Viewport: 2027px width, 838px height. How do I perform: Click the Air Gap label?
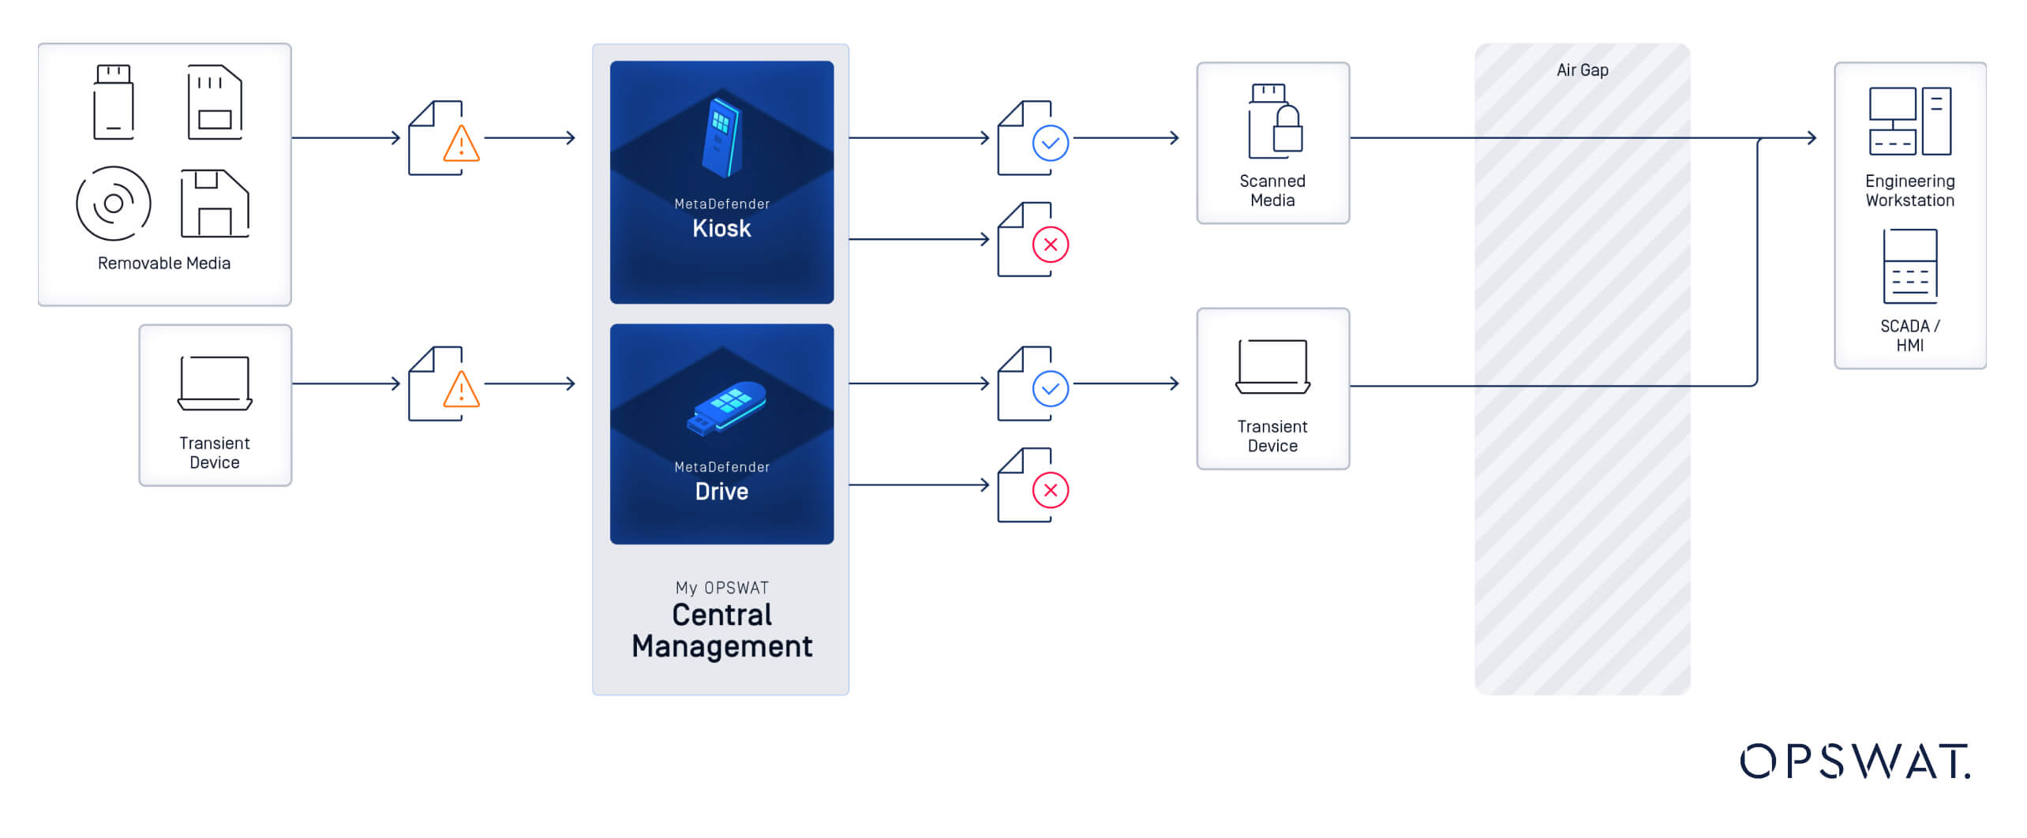tap(1582, 70)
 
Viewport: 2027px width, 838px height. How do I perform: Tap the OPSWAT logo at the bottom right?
tap(1855, 761)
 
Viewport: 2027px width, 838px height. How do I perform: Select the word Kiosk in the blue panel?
tap(721, 228)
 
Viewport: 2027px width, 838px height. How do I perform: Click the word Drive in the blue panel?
tap(721, 491)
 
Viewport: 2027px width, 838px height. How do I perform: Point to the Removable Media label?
tap(164, 264)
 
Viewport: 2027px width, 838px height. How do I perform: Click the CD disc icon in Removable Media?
tap(114, 203)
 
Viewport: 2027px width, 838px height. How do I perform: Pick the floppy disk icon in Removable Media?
tap(215, 203)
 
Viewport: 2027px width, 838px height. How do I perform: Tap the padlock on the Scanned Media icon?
tap(1287, 130)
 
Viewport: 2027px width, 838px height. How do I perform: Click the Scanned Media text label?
tap(1272, 191)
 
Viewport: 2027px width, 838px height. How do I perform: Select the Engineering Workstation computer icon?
tap(1909, 122)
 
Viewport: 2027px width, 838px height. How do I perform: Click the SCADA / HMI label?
tap(1909, 335)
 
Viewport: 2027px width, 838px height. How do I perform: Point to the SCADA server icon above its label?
tap(1909, 266)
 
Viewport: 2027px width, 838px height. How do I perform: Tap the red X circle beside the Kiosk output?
tap(1051, 245)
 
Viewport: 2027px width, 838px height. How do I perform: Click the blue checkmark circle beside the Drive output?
tap(1051, 389)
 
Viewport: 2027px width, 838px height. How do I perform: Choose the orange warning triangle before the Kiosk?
tap(462, 144)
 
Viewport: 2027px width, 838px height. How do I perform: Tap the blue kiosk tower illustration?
tap(722, 137)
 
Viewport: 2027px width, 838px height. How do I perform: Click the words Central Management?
tap(721, 630)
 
